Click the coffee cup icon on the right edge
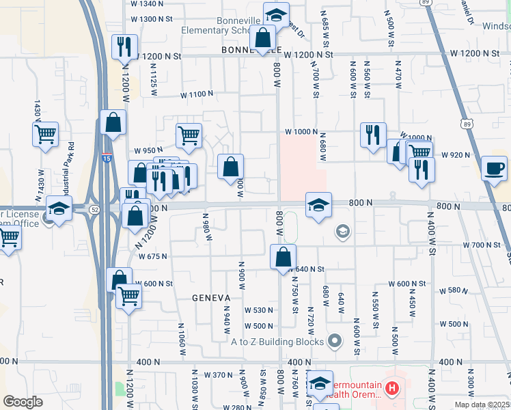point(494,168)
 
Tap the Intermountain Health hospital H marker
point(391,389)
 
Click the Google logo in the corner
point(23,402)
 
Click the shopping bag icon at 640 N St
point(282,257)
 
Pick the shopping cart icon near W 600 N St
point(128,296)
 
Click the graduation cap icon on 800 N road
point(318,204)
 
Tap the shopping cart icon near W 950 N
point(189,135)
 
